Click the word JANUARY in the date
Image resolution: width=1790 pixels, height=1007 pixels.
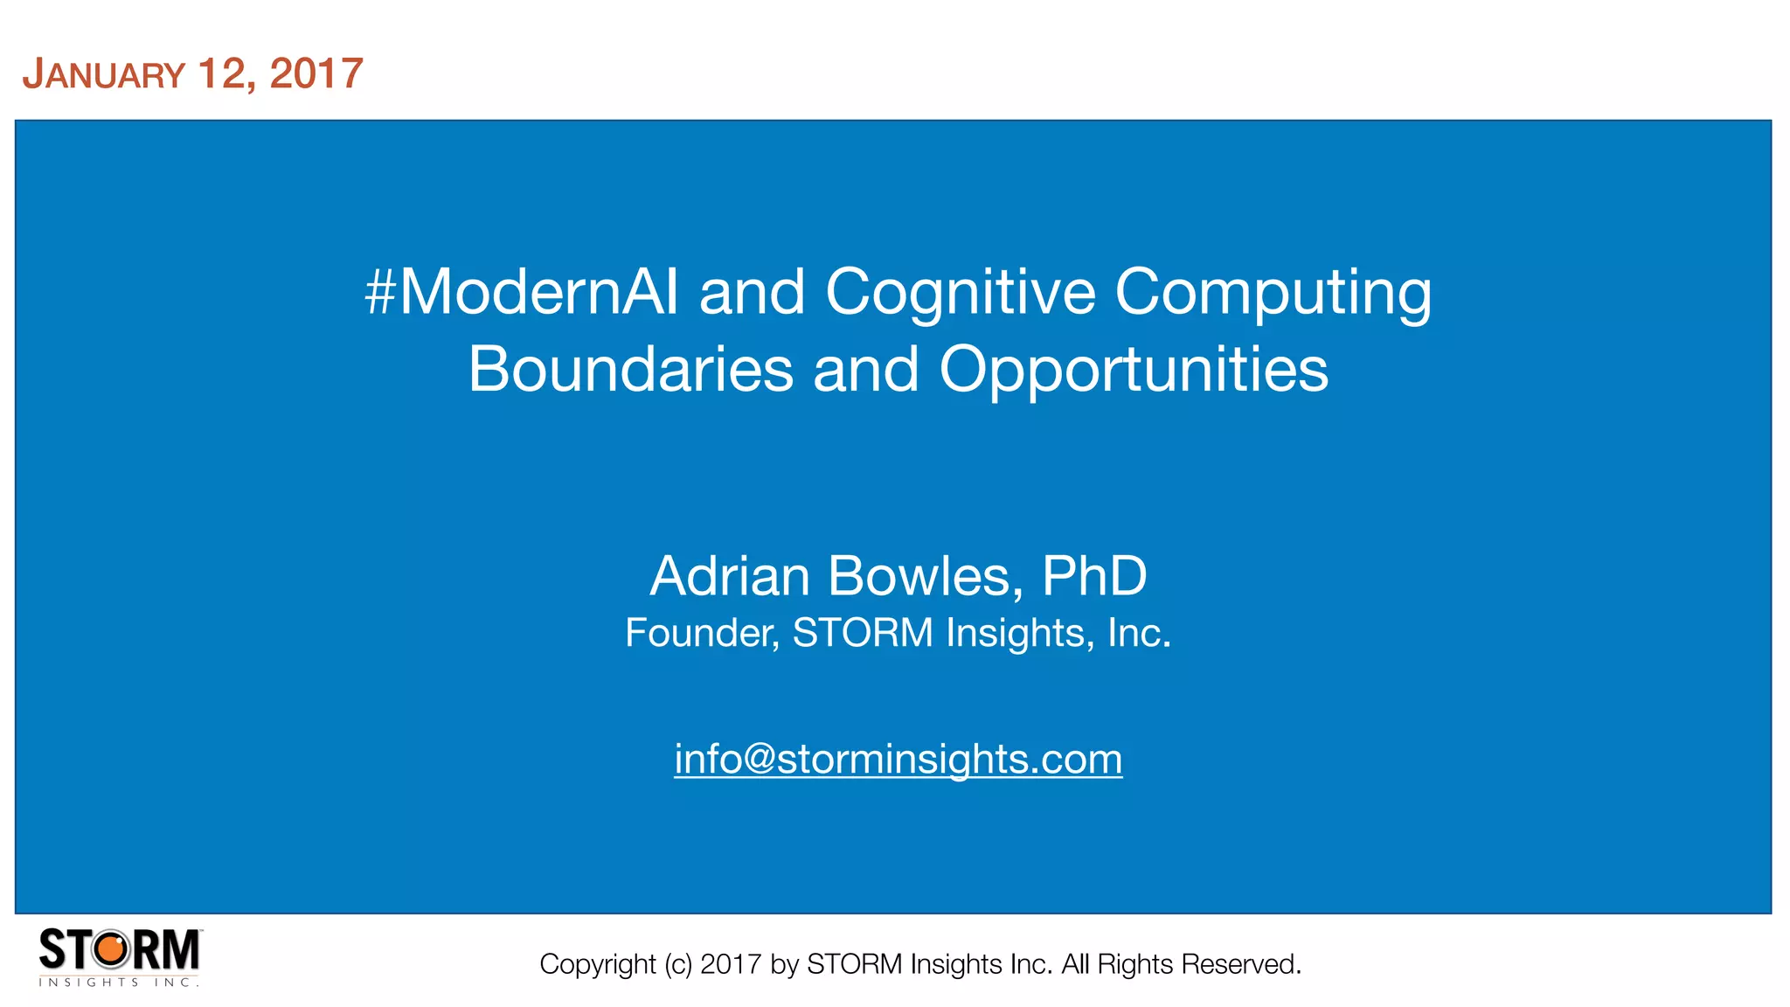(104, 74)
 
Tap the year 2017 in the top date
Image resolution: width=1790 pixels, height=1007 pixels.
(316, 73)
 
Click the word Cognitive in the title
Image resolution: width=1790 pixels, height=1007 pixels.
(960, 292)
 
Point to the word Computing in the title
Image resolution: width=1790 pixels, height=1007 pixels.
(1273, 294)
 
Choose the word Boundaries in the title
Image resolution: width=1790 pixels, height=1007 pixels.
(630, 369)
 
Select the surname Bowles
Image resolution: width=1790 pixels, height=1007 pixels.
(926, 576)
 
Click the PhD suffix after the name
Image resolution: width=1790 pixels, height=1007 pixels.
(1094, 576)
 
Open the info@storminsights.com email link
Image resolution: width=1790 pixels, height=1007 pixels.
(898, 759)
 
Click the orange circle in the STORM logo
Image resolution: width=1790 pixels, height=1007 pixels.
(112, 949)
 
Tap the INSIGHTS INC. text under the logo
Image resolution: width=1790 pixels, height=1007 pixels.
(119, 983)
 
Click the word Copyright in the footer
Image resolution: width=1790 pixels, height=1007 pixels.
(597, 964)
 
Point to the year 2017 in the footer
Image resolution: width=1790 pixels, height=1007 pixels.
(731, 964)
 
